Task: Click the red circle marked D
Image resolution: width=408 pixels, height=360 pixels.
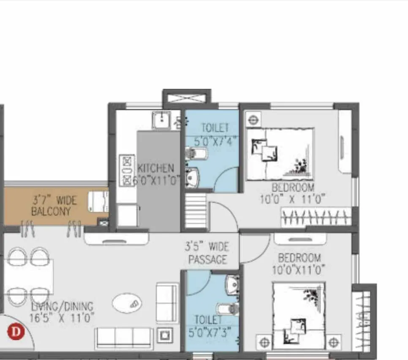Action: pyautogui.click(x=16, y=331)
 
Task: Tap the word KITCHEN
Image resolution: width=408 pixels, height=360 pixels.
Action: pyautogui.click(x=155, y=168)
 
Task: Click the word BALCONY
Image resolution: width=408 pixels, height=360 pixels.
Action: pyautogui.click(x=51, y=211)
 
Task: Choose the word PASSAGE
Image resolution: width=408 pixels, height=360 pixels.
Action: pyautogui.click(x=207, y=260)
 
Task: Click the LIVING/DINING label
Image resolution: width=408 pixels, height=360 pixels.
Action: pyautogui.click(x=62, y=306)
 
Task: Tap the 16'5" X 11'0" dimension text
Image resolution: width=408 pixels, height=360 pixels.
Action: pyautogui.click(x=62, y=318)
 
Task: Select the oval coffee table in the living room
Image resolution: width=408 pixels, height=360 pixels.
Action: pyautogui.click(x=127, y=303)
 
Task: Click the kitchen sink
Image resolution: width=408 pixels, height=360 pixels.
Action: pyautogui.click(x=161, y=120)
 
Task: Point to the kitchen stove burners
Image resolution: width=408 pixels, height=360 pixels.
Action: pyautogui.click(x=126, y=171)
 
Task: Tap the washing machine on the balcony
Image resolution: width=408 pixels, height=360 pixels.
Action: pyautogui.click(x=98, y=201)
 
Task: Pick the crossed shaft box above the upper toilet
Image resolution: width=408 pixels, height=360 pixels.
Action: pyautogui.click(x=187, y=98)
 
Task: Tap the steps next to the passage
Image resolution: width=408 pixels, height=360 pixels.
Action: pyautogui.click(x=196, y=211)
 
